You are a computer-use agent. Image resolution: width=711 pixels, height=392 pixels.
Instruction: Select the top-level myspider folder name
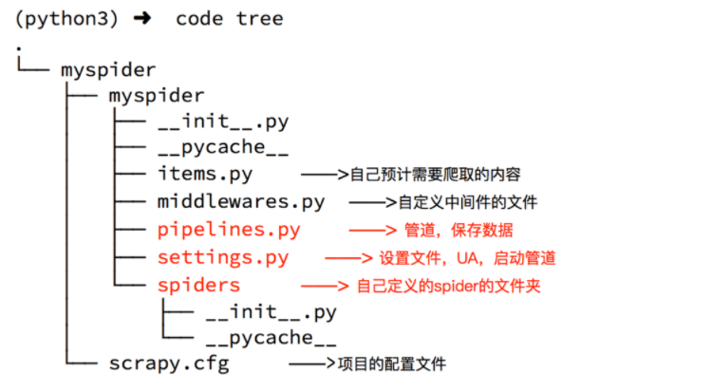pyautogui.click(x=108, y=69)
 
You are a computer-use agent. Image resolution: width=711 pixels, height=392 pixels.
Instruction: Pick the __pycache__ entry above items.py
pyautogui.click(x=222, y=148)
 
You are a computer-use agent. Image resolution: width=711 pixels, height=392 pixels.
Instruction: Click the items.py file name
pyautogui.click(x=205, y=175)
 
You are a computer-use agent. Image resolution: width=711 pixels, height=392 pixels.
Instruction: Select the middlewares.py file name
pyautogui.click(x=241, y=202)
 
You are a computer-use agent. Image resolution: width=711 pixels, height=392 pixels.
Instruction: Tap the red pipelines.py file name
pyautogui.click(x=229, y=230)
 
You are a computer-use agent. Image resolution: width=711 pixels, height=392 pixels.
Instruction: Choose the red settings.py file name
pyautogui.click(x=223, y=257)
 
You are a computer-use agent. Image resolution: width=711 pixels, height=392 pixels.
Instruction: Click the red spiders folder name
pyautogui.click(x=198, y=285)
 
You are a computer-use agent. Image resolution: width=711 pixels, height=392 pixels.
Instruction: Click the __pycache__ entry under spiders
pyautogui.click(x=271, y=338)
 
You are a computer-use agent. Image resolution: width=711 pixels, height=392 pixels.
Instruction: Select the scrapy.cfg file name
pyautogui.click(x=169, y=364)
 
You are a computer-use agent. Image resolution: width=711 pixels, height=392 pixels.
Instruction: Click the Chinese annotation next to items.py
pyautogui.click(x=436, y=176)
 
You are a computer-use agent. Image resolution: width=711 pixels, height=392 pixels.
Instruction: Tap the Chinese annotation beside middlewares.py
pyautogui.click(x=468, y=203)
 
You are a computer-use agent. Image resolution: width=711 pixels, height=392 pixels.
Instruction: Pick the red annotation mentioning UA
pyautogui.click(x=467, y=258)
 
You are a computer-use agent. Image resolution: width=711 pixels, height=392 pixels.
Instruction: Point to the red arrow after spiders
pyautogui.click(x=325, y=286)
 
